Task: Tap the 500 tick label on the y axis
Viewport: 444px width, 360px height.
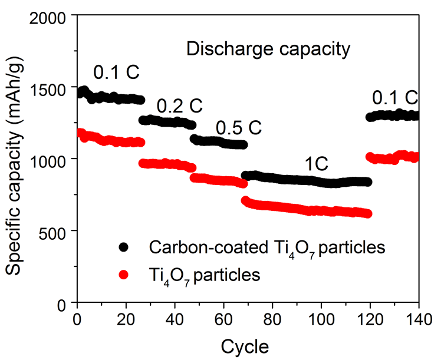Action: point(58,230)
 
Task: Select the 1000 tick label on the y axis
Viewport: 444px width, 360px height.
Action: point(52,159)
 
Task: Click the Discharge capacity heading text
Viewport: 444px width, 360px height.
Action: point(268,49)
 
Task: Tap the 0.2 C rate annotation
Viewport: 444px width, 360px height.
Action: point(179,107)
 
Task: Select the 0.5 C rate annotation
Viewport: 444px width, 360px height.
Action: point(238,128)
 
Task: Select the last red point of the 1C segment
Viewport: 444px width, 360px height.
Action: point(368,213)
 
